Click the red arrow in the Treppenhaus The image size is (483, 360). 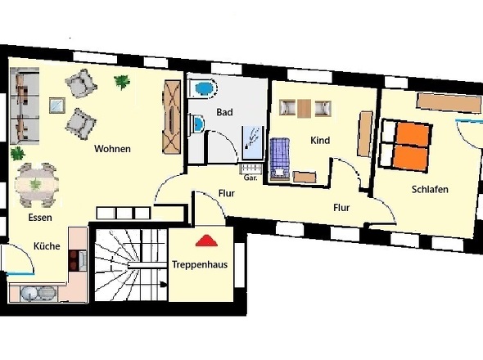pyautogui.click(x=205, y=241)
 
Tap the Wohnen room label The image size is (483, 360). pyautogui.click(x=113, y=149)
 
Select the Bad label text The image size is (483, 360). pyautogui.click(x=225, y=112)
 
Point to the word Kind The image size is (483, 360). pyautogui.click(x=320, y=141)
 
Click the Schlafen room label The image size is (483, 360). pyautogui.click(x=430, y=190)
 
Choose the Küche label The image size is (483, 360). pyautogui.click(x=46, y=245)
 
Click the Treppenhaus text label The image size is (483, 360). pyautogui.click(x=200, y=265)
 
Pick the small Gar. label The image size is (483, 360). pyautogui.click(x=250, y=178)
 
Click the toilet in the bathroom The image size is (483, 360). pyautogui.click(x=204, y=88)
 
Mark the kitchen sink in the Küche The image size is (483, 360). pyautogui.click(x=36, y=292)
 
